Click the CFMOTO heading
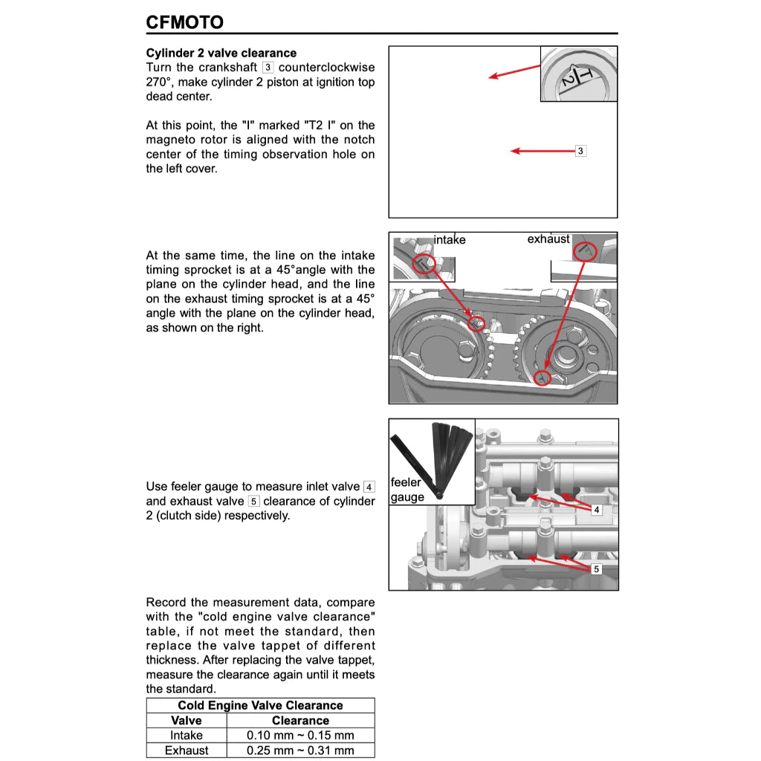pos(184,22)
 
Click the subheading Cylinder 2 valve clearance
pos(221,54)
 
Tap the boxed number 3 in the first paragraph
pos(268,68)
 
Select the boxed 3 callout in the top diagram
pos(581,151)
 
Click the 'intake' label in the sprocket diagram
pos(450,240)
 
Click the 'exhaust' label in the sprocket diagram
pos(548,239)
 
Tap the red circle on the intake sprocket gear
pos(476,323)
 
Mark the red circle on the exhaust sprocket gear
pos(544,378)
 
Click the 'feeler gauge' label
pos(407,490)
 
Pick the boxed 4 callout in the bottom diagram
pos(596,510)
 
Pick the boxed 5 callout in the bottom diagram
pos(596,569)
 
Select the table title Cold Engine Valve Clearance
pos(260,705)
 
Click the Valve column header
pos(186,720)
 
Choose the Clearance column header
pos(300,720)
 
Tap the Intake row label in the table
pos(186,735)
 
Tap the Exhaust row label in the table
pos(186,750)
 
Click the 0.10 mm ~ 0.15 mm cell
pos(300,735)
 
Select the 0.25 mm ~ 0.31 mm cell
pos(300,750)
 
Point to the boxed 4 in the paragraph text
pos(369,487)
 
